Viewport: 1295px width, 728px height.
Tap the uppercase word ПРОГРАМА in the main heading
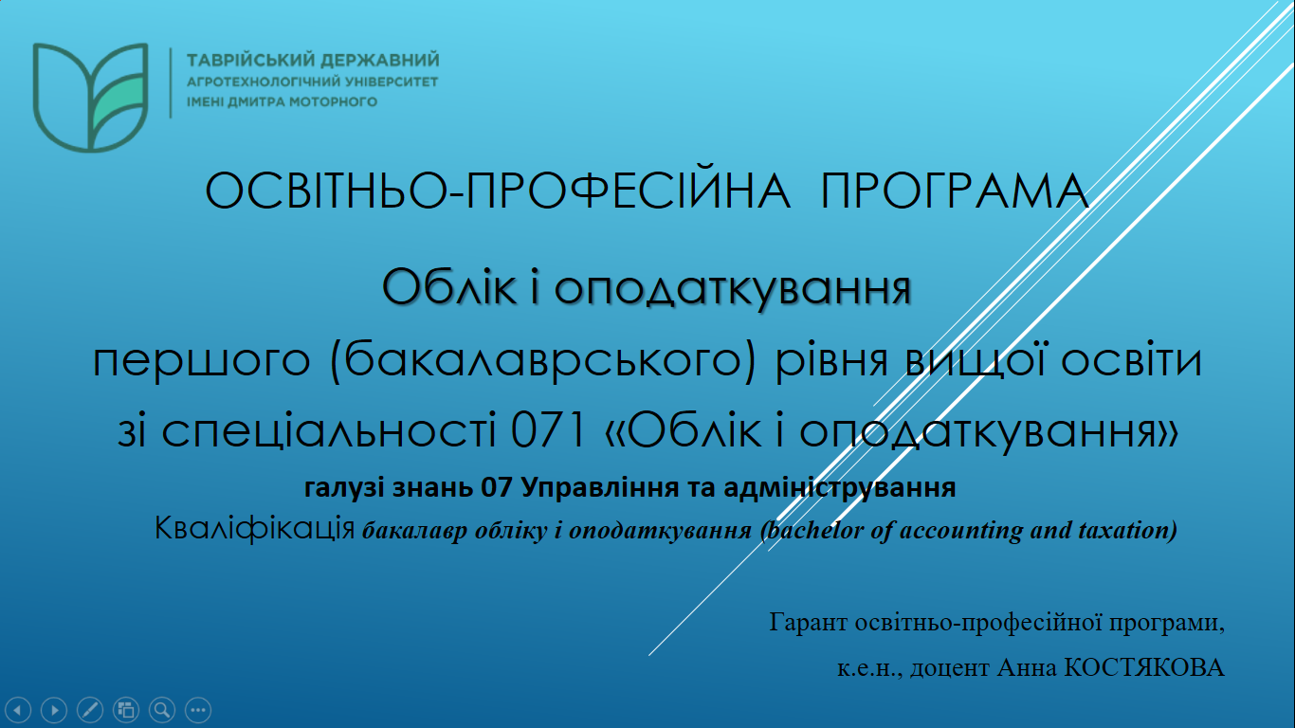(955, 191)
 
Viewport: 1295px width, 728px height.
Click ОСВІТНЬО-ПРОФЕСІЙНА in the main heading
(498, 191)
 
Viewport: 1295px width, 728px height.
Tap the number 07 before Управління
(498, 489)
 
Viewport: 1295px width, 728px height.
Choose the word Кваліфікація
(255, 528)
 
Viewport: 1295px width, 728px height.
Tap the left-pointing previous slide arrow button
(19, 709)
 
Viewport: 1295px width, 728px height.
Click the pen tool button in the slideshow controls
(90, 709)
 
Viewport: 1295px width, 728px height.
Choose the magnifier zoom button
(161, 709)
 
